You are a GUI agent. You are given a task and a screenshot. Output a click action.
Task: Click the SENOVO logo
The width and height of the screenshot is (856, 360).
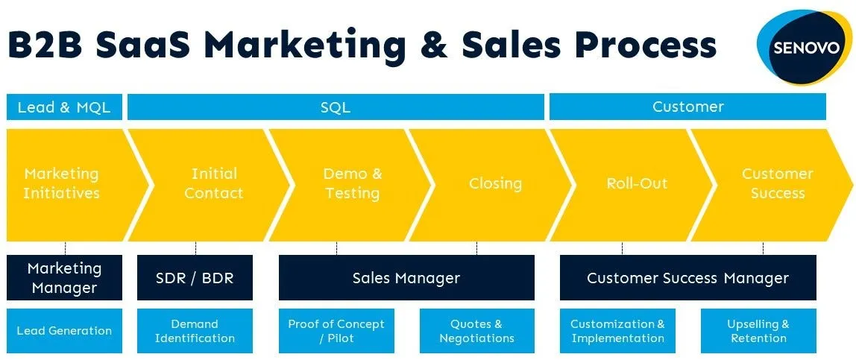click(x=804, y=46)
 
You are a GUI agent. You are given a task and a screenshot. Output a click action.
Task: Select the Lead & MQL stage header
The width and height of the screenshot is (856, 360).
click(x=64, y=107)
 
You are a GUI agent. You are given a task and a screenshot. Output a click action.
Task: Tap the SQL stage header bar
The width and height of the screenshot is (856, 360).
click(x=336, y=107)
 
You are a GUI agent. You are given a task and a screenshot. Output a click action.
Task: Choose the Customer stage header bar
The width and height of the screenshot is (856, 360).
click(x=687, y=107)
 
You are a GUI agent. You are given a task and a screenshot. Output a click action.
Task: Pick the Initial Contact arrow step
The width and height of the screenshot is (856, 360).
click(x=213, y=184)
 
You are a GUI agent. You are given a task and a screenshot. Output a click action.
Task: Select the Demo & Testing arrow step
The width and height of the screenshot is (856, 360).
click(x=352, y=184)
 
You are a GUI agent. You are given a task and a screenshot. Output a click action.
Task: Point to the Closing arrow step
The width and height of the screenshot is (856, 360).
click(x=495, y=184)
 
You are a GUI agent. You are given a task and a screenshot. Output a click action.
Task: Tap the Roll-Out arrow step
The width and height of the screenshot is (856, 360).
click(x=637, y=184)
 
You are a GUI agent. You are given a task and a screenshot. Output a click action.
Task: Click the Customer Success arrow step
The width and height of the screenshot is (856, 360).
click(x=777, y=184)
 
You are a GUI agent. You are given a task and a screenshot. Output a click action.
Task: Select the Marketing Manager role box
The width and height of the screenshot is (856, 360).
click(x=64, y=277)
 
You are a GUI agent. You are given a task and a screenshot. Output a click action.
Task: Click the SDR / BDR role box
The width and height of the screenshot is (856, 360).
click(x=195, y=278)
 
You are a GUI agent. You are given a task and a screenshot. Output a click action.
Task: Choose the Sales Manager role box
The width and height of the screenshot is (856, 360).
click(x=406, y=278)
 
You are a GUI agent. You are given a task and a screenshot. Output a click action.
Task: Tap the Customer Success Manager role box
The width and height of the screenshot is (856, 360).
click(x=687, y=278)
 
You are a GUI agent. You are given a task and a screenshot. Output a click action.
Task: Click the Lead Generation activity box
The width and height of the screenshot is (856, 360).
click(x=64, y=331)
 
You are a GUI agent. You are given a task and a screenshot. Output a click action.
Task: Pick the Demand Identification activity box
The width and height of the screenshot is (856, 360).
click(x=195, y=331)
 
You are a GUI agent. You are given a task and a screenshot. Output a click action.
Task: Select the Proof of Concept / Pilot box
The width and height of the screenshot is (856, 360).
click(x=336, y=331)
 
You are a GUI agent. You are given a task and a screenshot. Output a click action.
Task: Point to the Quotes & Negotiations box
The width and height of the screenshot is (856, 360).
click(x=476, y=331)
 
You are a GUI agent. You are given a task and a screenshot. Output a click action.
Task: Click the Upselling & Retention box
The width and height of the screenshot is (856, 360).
click(x=758, y=331)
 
